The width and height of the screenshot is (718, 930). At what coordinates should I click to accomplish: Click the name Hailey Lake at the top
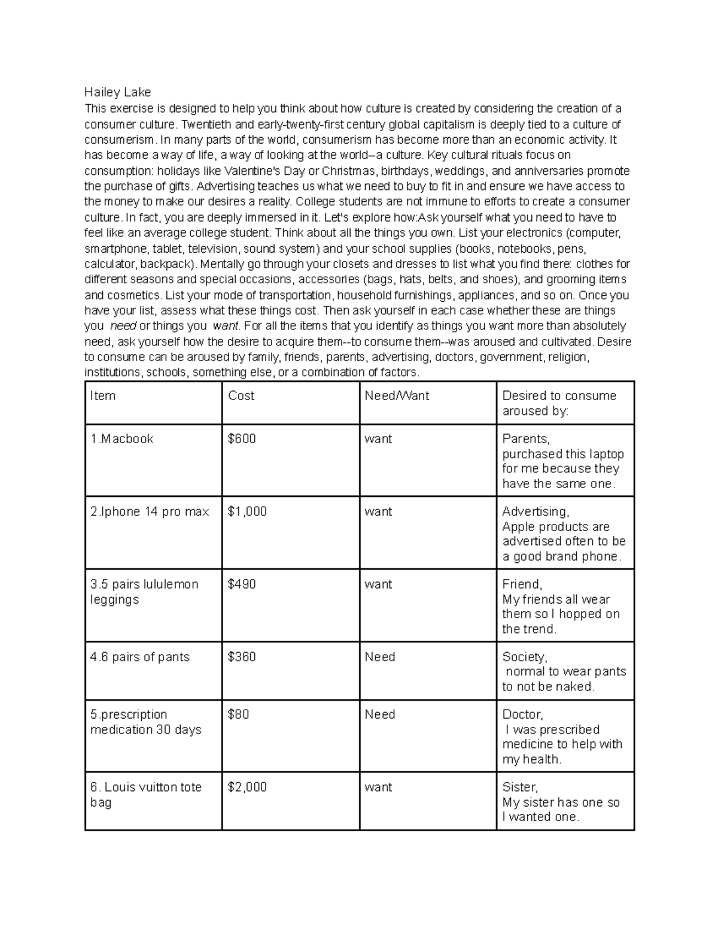tap(117, 92)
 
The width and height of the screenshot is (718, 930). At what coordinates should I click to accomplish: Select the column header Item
tap(102, 396)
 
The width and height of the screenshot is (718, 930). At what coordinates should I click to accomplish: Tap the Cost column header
tap(241, 396)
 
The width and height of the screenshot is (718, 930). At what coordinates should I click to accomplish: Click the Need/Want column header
tap(397, 396)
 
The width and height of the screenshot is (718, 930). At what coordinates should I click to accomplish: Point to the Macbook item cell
tap(121, 439)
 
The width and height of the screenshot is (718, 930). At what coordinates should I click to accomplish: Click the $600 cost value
tap(242, 439)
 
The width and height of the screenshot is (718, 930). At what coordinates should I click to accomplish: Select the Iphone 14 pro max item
tap(150, 512)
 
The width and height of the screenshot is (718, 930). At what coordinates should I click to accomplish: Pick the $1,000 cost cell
tap(247, 512)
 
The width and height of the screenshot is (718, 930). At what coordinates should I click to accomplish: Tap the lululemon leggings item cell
tap(144, 592)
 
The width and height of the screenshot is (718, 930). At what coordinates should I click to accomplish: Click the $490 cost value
tap(242, 584)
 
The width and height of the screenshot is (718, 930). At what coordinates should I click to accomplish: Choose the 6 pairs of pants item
tap(139, 657)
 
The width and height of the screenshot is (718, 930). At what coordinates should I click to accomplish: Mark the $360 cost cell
tap(242, 657)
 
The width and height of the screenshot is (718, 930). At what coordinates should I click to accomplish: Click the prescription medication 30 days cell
tap(145, 722)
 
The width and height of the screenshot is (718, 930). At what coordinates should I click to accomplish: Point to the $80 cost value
tap(238, 714)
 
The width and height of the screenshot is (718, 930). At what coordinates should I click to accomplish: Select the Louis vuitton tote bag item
tap(145, 795)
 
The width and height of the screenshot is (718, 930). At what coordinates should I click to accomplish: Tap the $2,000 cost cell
tap(247, 787)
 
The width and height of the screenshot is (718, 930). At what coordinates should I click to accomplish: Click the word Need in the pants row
tap(380, 657)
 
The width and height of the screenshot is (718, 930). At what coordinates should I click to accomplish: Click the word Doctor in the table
tap(522, 715)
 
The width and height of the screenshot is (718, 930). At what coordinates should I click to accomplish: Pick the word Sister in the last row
tap(519, 787)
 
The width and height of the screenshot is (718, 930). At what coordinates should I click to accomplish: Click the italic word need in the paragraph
tap(124, 326)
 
